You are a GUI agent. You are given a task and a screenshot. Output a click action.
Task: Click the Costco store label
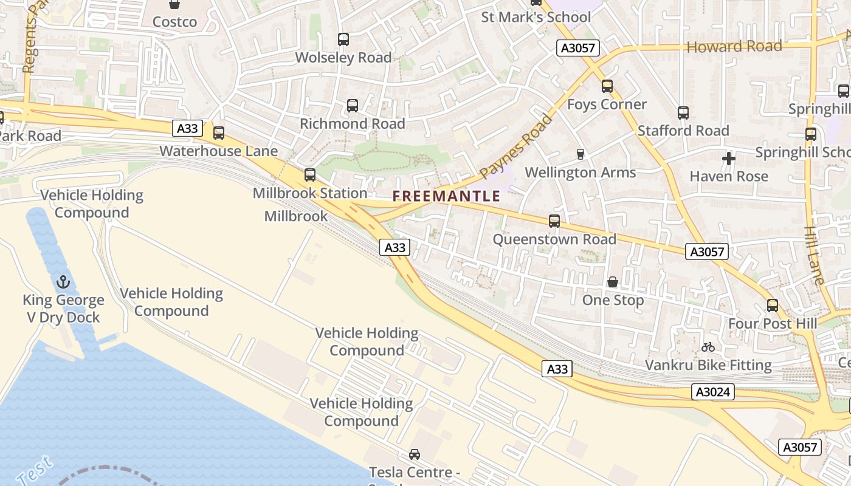174,22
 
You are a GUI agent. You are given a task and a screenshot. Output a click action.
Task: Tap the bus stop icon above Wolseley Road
343,39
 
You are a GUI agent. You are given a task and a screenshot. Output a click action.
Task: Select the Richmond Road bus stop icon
353,106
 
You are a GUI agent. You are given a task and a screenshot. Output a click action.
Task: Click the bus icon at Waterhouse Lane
219,132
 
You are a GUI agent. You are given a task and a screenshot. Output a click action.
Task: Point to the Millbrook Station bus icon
310,175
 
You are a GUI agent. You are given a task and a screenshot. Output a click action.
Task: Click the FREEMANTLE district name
446,196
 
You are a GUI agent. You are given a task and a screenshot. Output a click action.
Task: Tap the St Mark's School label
536,17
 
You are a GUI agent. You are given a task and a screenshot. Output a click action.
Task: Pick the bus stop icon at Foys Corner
607,86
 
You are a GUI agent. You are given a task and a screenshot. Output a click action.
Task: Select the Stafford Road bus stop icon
683,113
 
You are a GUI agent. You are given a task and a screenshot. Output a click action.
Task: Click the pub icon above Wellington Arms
581,154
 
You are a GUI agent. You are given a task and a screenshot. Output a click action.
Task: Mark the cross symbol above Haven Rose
729,159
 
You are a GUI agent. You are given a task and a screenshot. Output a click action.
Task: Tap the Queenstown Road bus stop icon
554,221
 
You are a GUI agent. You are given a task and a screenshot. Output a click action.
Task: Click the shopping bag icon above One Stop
613,282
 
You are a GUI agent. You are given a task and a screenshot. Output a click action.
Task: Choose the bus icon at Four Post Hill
773,306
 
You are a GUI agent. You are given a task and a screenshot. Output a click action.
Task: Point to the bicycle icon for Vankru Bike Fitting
708,347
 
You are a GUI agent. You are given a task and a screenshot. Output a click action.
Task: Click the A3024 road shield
713,392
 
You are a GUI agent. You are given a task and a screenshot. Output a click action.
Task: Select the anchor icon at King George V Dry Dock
63,282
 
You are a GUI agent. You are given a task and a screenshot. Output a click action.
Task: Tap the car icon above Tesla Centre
415,454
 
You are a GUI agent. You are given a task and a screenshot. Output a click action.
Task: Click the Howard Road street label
734,47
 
